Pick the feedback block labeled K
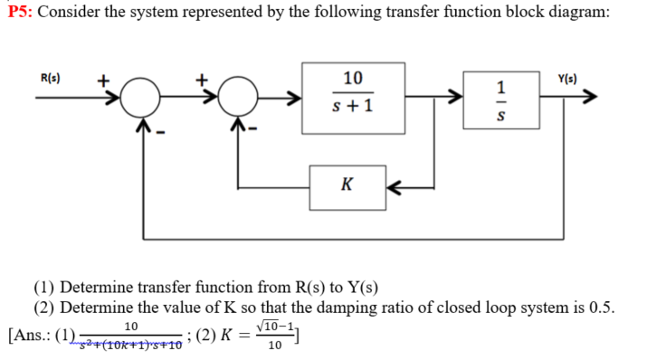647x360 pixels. [x=348, y=185]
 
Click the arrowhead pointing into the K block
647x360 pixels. [x=395, y=185]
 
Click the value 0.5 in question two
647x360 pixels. [x=600, y=306]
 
